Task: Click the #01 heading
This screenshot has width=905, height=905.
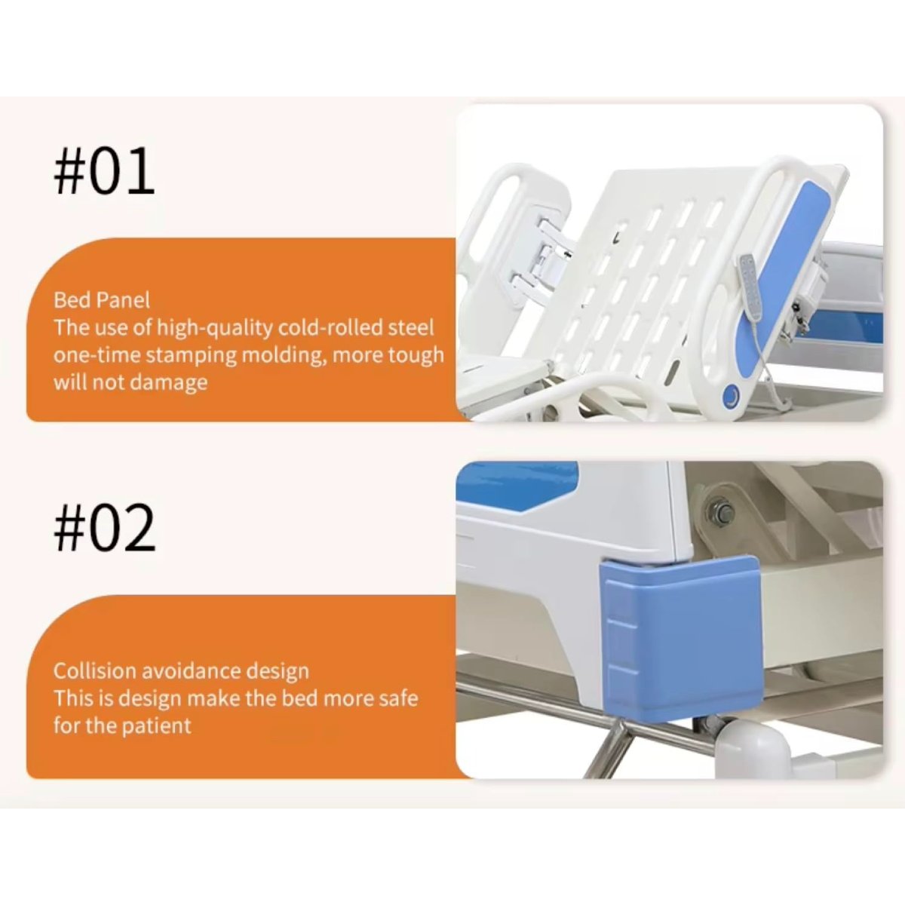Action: pyautogui.click(x=104, y=171)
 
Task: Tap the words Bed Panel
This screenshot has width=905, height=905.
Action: pyautogui.click(x=102, y=300)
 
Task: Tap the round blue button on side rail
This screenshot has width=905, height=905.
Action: pyautogui.click(x=732, y=393)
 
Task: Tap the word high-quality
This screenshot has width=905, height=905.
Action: pyautogui.click(x=214, y=328)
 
